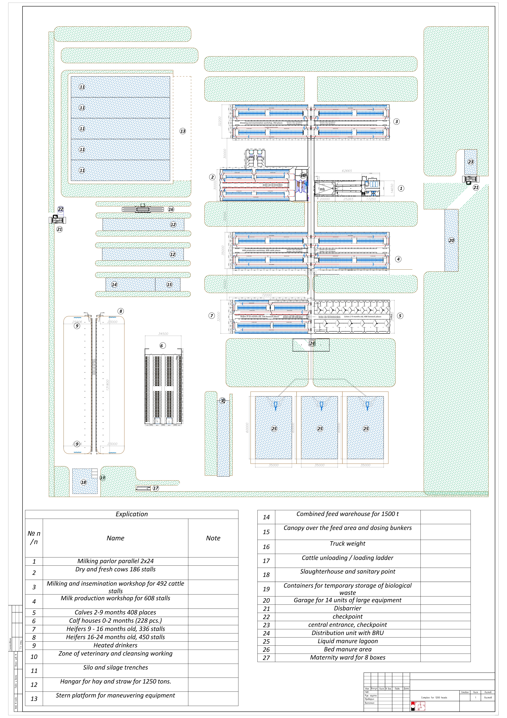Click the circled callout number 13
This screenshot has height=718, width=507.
click(x=183, y=131)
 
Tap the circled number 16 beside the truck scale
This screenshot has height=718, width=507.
click(x=171, y=210)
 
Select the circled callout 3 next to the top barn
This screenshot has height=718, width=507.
click(x=396, y=122)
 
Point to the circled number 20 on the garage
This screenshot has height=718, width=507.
click(x=451, y=240)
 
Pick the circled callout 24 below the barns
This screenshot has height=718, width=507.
click(x=312, y=343)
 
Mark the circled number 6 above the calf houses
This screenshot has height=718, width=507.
click(x=162, y=346)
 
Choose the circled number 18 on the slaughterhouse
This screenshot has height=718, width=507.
click(x=83, y=482)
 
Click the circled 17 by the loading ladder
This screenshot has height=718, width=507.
click(x=156, y=488)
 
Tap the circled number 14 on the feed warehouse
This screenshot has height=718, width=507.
click(x=114, y=285)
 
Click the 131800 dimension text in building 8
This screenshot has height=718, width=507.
click(x=108, y=385)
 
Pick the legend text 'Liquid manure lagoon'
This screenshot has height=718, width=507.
click(x=348, y=641)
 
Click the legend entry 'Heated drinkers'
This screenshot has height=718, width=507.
click(x=115, y=645)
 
